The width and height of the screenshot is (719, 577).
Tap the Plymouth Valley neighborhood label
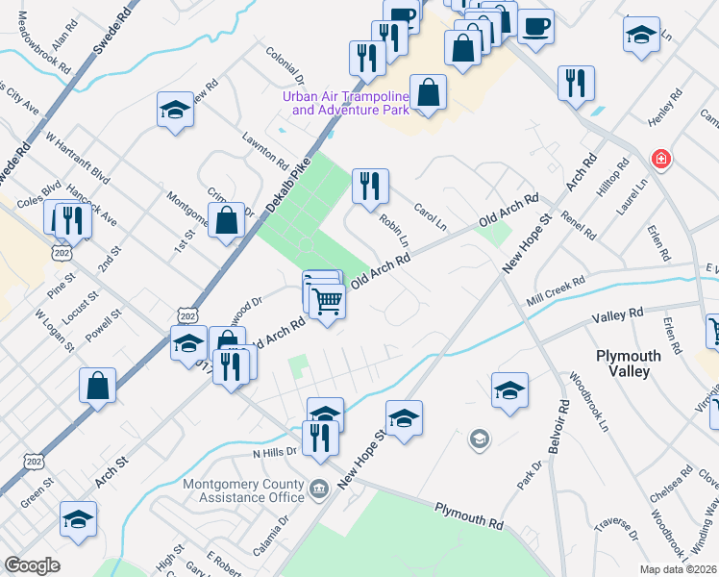click(629, 364)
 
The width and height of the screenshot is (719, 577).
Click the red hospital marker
click(660, 159)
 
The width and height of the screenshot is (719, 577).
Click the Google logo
click(32, 565)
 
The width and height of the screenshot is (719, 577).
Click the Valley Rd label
click(617, 315)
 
